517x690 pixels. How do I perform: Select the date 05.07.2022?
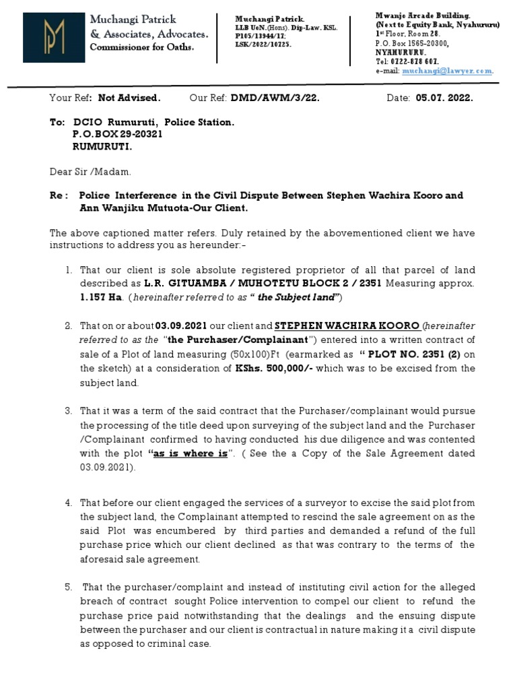tap(444, 98)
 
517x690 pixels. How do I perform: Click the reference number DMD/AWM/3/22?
tap(274, 98)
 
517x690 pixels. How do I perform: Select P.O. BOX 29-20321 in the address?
tap(118, 134)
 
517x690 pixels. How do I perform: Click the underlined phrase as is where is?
tap(191, 453)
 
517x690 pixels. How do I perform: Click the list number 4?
tap(68, 503)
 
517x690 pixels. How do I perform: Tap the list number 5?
tap(68, 587)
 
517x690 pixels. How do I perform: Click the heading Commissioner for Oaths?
tap(142, 47)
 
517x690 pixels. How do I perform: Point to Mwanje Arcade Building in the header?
tap(422, 15)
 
